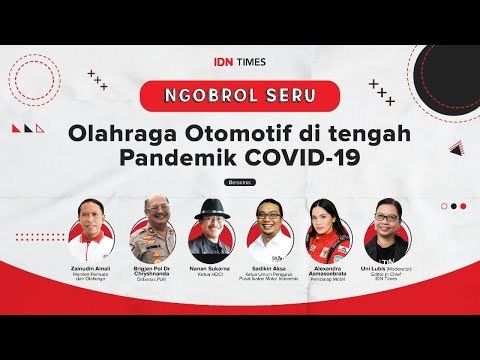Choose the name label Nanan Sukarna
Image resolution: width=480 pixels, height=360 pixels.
pyautogui.click(x=210, y=270)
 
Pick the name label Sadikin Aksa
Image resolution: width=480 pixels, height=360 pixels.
pyautogui.click(x=270, y=270)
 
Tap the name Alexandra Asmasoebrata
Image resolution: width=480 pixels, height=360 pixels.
pyautogui.click(x=327, y=270)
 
